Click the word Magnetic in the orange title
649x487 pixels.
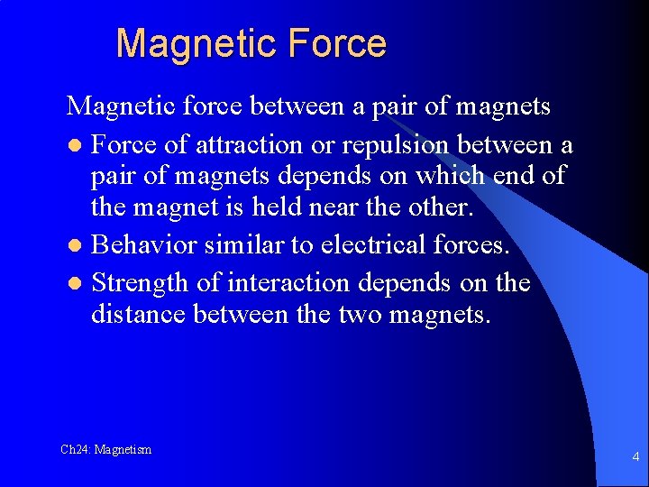tap(182, 43)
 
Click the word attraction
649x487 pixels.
tap(275, 145)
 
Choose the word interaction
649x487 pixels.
tap(288, 283)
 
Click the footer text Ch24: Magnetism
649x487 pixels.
tap(105, 449)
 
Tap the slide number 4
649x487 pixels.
tap(635, 456)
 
